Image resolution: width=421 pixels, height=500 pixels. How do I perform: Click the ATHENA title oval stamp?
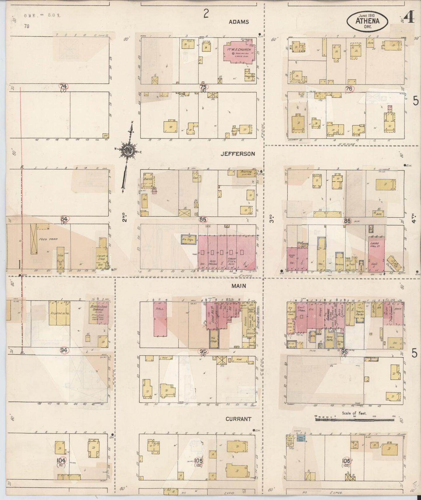tap(367, 21)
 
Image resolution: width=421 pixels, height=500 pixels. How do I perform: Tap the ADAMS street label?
tap(239, 22)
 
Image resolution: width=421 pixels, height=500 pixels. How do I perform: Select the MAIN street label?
tap(239, 286)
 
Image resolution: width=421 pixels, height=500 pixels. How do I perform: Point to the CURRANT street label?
tap(238, 419)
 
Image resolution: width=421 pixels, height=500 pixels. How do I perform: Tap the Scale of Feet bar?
tap(355, 419)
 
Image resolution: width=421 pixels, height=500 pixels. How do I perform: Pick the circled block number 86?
tap(347, 221)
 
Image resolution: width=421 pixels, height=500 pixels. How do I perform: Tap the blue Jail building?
tap(300, 438)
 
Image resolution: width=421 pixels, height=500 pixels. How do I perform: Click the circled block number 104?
tap(61, 461)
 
